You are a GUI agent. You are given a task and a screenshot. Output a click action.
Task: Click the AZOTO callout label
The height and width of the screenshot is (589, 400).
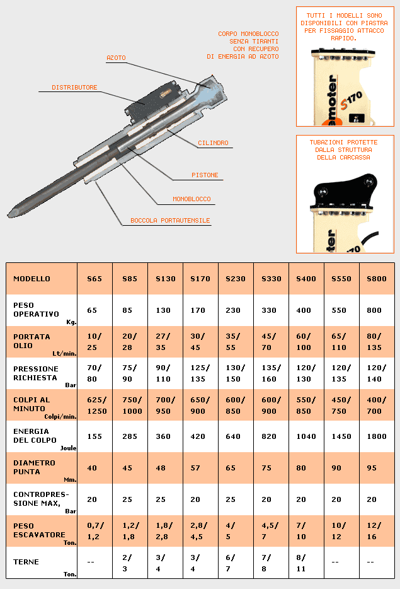[116, 58]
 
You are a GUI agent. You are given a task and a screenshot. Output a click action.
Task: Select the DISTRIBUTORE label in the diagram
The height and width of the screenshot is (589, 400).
[74, 88]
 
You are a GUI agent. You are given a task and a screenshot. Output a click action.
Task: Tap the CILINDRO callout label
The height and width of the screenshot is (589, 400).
[213, 143]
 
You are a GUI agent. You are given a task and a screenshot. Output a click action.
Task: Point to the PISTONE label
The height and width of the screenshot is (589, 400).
[205, 175]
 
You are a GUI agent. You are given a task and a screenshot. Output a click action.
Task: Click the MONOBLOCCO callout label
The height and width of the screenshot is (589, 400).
[191, 199]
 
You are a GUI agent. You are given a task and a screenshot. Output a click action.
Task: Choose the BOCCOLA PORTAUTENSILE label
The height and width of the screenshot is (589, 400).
[170, 221]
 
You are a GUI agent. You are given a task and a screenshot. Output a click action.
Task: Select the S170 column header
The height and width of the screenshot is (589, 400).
[200, 279]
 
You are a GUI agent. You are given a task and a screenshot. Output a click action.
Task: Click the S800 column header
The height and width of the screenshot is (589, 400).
[377, 279]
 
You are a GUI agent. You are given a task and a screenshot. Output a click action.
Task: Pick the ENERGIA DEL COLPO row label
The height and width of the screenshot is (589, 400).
[35, 436]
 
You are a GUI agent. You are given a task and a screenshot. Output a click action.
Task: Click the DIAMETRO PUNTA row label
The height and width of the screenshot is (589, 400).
[35, 467]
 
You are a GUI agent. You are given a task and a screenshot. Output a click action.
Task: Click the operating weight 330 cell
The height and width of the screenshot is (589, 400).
[270, 310]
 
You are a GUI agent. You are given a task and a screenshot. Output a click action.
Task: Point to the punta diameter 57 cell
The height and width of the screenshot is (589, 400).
[196, 468]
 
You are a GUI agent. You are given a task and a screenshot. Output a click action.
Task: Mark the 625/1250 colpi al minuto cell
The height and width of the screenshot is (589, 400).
[96, 405]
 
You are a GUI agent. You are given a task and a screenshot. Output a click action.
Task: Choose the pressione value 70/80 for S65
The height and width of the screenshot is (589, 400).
[94, 373]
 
